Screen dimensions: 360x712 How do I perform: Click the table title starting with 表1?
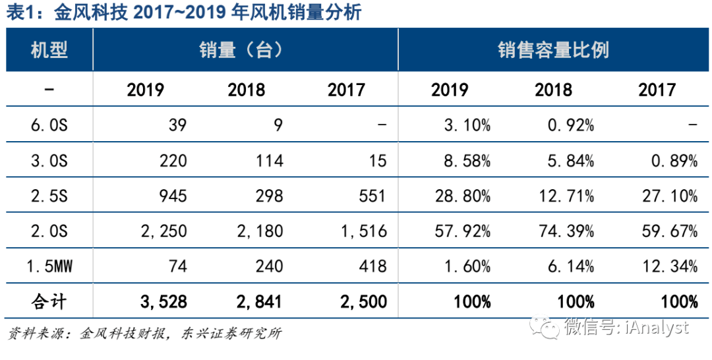click(185, 13)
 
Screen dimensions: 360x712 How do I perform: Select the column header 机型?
click(49, 50)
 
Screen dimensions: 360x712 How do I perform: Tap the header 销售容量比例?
click(552, 50)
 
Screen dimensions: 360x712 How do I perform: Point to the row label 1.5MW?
click(49, 266)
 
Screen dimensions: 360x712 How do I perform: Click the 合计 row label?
click(49, 302)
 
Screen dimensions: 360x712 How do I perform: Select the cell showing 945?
click(173, 196)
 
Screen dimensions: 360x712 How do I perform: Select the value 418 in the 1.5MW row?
click(373, 266)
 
